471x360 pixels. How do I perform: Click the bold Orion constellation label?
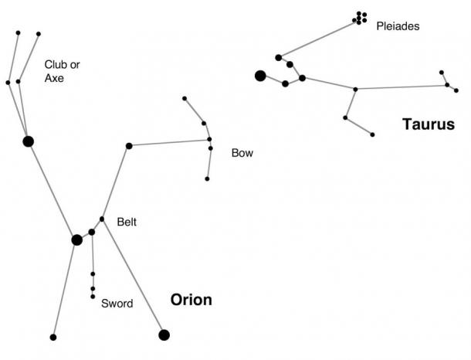(x=191, y=300)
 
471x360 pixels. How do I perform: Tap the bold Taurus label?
(x=428, y=124)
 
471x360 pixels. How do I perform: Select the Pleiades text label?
(x=398, y=26)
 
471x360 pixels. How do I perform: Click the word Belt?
(x=127, y=222)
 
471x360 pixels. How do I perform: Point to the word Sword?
(x=117, y=304)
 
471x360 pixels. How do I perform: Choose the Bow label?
(x=242, y=153)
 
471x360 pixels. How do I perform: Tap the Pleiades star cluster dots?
(x=360, y=17)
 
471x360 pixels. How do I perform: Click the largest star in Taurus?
(x=260, y=75)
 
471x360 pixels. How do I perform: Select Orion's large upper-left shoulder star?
(x=29, y=141)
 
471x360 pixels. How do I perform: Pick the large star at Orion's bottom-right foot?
(x=164, y=335)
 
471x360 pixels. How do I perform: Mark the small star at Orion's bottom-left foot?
(x=53, y=337)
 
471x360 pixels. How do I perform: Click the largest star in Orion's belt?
(x=76, y=240)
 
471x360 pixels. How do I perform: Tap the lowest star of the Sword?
(x=93, y=297)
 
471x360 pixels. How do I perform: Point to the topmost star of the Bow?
(x=185, y=98)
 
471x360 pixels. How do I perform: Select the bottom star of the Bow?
(x=207, y=178)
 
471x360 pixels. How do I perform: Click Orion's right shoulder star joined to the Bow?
(x=129, y=145)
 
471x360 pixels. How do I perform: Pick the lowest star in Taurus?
(x=372, y=134)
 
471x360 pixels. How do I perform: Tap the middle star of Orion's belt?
(x=92, y=232)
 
